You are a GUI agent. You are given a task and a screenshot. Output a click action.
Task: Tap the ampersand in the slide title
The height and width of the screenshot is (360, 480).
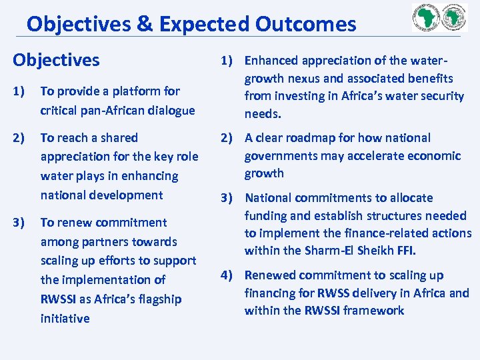pyautogui.click(x=143, y=25)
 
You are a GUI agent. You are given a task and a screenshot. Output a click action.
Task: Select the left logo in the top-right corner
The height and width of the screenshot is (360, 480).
pyautogui.click(x=427, y=18)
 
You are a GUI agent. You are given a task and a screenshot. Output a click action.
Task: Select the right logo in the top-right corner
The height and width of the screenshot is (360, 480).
pyautogui.click(x=453, y=18)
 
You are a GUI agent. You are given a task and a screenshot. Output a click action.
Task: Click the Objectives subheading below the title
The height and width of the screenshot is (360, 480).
pyautogui.click(x=56, y=60)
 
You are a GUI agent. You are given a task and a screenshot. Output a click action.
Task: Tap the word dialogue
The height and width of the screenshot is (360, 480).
pyautogui.click(x=172, y=110)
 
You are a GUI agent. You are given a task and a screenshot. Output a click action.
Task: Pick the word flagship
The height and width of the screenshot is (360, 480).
pyautogui.click(x=158, y=299)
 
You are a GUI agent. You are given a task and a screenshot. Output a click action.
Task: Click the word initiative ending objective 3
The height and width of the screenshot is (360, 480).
pyautogui.click(x=65, y=318)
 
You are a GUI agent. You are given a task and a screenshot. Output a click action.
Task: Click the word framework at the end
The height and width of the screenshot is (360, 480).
pyautogui.click(x=377, y=311)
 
